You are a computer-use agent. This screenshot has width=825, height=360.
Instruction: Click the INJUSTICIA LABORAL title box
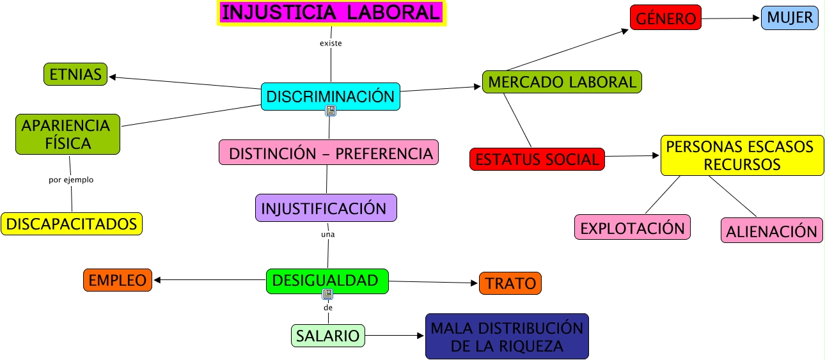pos(331,13)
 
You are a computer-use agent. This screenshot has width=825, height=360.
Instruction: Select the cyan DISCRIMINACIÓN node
pos(330,97)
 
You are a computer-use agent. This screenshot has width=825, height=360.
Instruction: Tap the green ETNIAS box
pos(75,75)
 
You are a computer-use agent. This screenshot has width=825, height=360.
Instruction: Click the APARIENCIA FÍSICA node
pos(67,134)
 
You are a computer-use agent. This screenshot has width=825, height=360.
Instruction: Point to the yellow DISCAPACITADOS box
pos(72,224)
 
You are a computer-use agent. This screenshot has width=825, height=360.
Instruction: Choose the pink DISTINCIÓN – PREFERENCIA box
pos(329,153)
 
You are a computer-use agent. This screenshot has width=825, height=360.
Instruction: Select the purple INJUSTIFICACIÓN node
pos(326,208)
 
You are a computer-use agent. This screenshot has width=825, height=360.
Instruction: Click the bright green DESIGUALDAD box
pos(327,281)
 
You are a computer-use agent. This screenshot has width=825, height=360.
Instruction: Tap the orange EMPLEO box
pos(118,280)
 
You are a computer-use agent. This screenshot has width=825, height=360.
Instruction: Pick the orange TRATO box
pos(510,283)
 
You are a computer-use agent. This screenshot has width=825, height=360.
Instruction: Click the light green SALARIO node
pos(328,336)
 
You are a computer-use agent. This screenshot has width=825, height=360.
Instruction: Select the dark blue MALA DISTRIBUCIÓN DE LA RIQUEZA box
pos(507,337)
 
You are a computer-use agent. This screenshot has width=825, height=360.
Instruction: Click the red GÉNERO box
pos(665,19)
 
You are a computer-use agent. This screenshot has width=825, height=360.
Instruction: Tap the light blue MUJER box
pos(790,18)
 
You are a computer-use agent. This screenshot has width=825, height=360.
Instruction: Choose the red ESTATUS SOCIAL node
pos(537,159)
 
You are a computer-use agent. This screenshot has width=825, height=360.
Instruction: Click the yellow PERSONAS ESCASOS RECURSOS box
pos(742,155)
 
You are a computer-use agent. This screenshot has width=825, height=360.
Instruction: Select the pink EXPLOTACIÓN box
pos(632,228)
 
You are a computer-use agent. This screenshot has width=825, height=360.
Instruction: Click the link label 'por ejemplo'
pos(71,180)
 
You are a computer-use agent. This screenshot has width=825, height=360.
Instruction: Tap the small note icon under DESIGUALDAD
pos(328,294)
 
